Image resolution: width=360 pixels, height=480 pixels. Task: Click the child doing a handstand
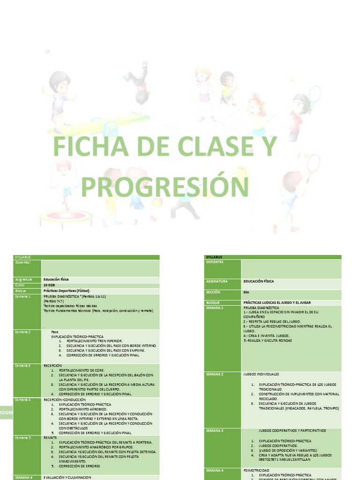[139, 84]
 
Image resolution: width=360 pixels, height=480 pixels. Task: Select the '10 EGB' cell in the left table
[49, 285]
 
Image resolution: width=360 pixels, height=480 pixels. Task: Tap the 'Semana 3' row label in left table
[22, 365]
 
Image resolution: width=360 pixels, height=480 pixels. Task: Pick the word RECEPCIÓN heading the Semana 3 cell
[53, 365]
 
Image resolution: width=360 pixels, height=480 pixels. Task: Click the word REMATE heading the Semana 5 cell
[51, 437]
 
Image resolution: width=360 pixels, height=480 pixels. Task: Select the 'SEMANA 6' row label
[24, 477]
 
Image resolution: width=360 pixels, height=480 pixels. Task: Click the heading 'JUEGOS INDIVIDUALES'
[261, 375]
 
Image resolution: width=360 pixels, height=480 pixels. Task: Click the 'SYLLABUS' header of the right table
[214, 257]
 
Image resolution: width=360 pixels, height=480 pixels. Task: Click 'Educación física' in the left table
[56, 279]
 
